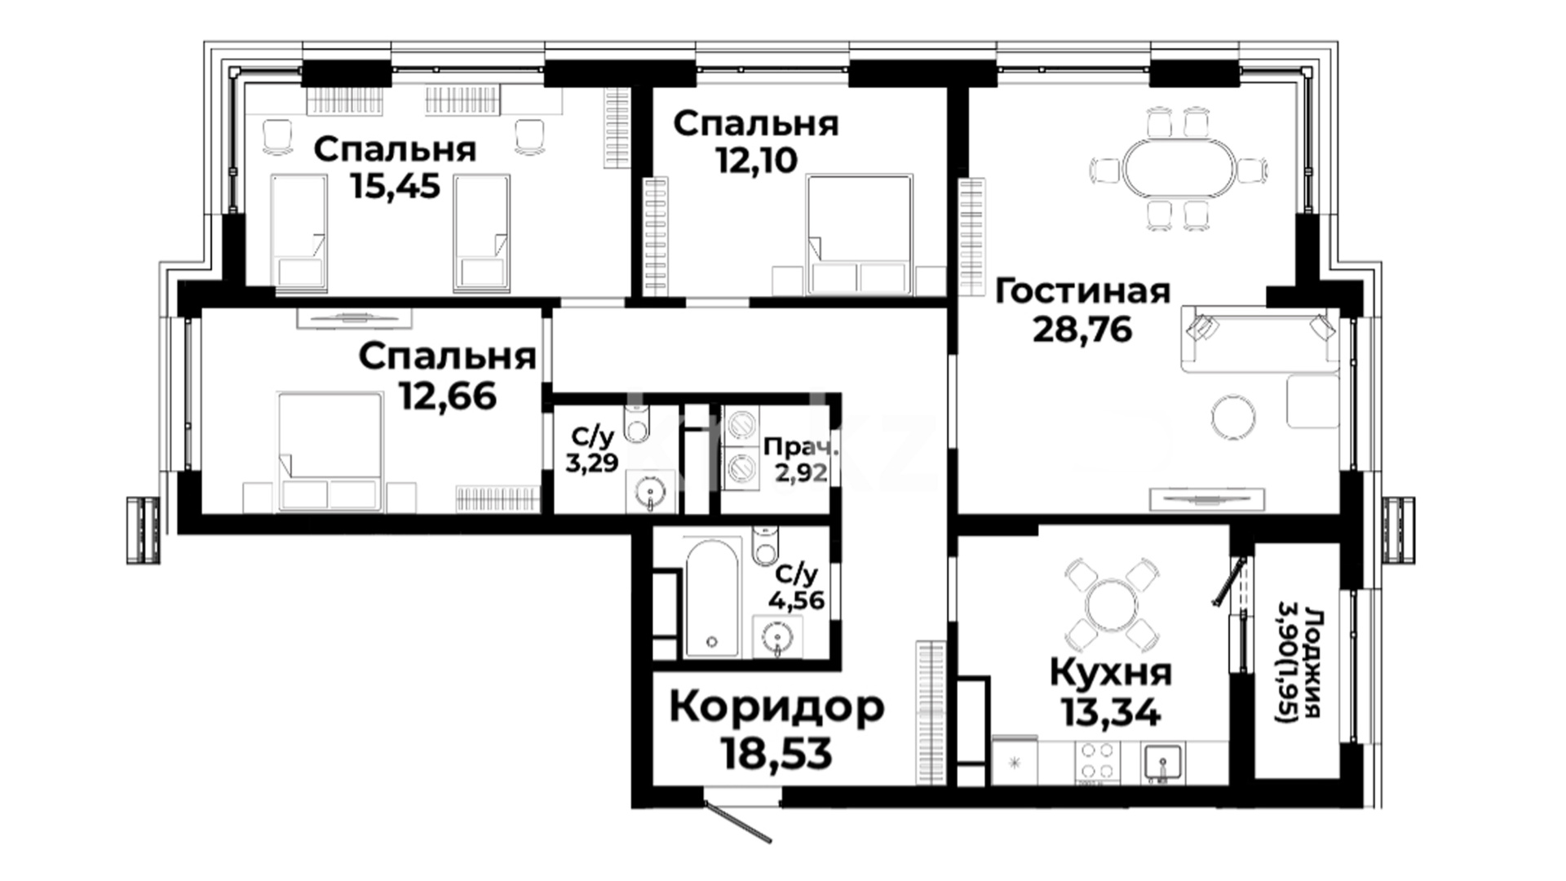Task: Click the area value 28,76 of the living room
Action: coord(1082,329)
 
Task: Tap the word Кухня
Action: coord(1110,674)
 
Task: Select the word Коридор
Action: coord(776,708)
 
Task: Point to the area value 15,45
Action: coord(395,186)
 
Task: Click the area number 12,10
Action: coord(756,161)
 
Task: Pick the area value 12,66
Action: coord(448,396)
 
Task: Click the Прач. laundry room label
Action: coord(800,447)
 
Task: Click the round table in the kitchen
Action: coord(1110,600)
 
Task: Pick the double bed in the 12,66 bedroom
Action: coord(330,451)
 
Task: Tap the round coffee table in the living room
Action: coord(1233,417)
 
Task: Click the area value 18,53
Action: coord(776,755)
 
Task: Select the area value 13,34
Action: coord(1110,714)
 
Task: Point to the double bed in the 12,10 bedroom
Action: coord(859,234)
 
